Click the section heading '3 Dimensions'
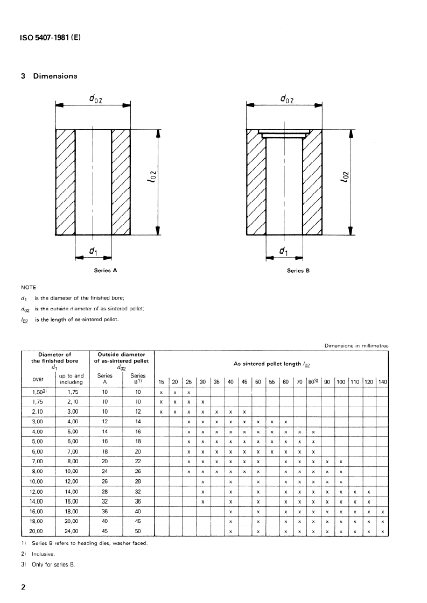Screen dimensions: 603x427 click(x=49, y=76)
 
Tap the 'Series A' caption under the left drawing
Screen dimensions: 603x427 click(x=106, y=271)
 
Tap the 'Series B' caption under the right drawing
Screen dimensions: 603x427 click(x=298, y=271)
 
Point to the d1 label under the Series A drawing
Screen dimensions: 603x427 click(x=93, y=251)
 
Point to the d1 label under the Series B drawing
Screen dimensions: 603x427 click(x=283, y=251)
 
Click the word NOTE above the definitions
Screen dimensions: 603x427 click(x=29, y=287)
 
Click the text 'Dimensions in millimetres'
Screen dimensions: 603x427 click(x=356, y=345)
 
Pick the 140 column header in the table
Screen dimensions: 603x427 click(x=382, y=382)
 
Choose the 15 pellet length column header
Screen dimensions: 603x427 click(x=161, y=382)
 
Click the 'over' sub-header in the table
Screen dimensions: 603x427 click(x=38, y=379)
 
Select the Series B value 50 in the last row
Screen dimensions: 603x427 click(x=138, y=532)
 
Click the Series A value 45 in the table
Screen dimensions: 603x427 click(x=105, y=532)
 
